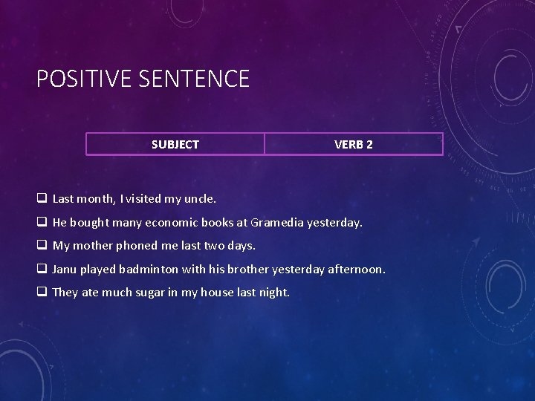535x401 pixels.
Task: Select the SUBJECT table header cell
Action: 175,144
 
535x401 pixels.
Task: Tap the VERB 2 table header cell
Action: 354,144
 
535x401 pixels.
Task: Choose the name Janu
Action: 66,269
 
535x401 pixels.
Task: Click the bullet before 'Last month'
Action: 42,199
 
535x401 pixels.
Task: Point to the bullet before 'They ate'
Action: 42,293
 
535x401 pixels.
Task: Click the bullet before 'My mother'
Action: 42,246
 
